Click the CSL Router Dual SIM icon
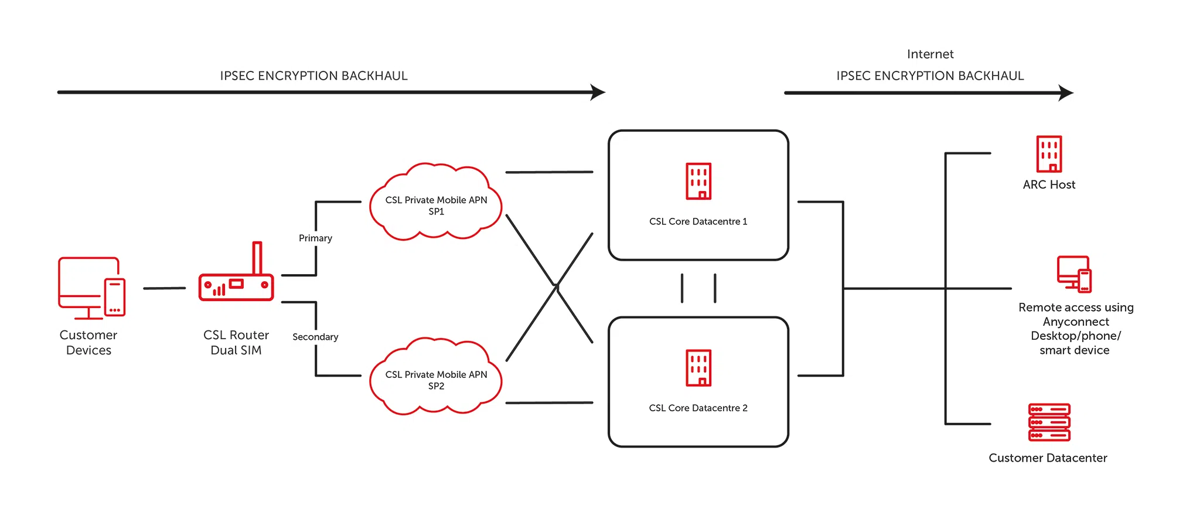click(236, 286)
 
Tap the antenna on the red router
click(257, 258)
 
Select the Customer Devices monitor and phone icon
click(91, 288)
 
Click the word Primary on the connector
click(315, 238)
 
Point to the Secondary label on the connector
click(315, 337)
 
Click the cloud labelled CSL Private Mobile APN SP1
click(436, 202)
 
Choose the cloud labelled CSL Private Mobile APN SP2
click(436, 377)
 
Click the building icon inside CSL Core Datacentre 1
click(698, 181)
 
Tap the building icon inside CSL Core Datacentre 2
click(698, 368)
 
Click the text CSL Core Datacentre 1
click(698, 221)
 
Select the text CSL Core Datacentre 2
click(698, 408)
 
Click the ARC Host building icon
click(1049, 154)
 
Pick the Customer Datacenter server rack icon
click(1049, 422)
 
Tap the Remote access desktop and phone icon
click(1074, 274)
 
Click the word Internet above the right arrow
click(930, 54)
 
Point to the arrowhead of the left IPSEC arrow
click(598, 92)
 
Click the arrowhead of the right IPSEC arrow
click(1066, 93)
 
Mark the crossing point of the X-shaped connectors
click(556, 286)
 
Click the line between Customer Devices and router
click(164, 288)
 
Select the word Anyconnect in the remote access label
click(1076, 322)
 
